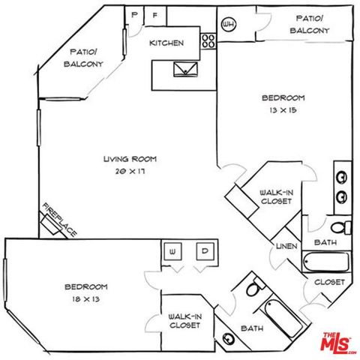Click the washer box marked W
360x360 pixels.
tap(172, 251)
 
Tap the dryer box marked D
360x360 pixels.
tap(204, 251)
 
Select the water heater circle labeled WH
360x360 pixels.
tap(229, 22)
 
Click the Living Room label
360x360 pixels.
tap(124, 159)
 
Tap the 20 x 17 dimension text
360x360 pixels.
tap(124, 171)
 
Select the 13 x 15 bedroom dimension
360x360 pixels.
tap(283, 110)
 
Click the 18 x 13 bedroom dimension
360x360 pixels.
tap(85, 298)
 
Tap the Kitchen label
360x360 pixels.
tap(166, 43)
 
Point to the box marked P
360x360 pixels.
tap(135, 15)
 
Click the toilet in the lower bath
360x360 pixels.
tap(253, 288)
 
